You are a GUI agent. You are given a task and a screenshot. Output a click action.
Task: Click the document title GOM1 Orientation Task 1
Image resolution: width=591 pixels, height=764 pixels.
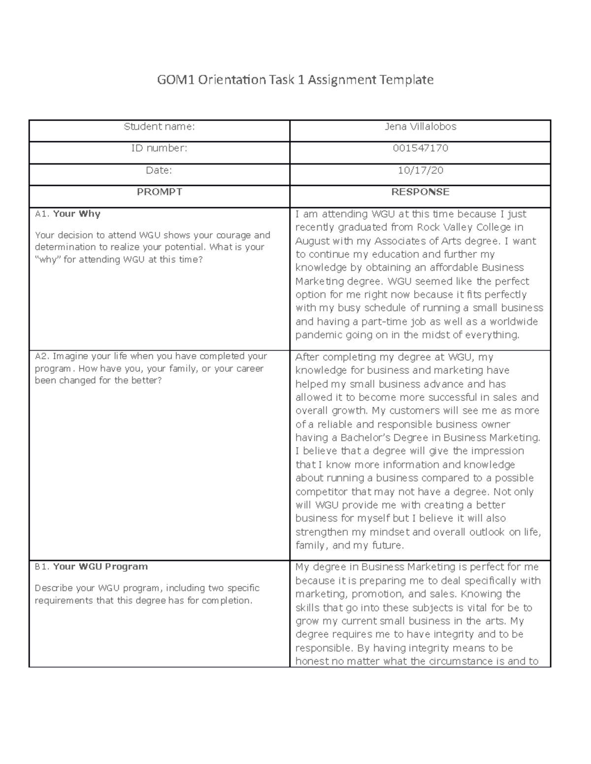tap(295, 80)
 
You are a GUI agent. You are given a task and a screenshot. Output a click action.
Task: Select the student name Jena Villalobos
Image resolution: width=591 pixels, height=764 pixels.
tap(420, 127)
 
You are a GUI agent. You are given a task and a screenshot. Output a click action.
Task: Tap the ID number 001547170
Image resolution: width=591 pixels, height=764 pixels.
tap(420, 148)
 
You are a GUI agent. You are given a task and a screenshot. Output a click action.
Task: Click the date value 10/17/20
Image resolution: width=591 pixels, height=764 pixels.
tap(420, 170)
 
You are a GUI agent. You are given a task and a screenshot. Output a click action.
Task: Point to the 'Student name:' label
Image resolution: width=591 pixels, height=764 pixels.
tap(159, 127)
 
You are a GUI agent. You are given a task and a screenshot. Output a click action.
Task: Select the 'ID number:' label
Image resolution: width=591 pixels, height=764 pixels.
tap(159, 148)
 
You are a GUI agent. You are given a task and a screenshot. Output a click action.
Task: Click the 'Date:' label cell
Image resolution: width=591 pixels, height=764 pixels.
tap(159, 170)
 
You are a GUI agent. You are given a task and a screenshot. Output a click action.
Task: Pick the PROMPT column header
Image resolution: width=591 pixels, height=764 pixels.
tap(159, 192)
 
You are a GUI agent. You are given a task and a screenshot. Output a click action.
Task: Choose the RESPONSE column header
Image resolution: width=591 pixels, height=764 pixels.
tap(420, 192)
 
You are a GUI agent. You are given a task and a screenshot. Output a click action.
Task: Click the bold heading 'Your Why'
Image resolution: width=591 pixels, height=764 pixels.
tap(76, 214)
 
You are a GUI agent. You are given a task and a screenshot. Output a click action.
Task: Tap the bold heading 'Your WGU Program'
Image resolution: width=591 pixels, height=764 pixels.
tap(100, 567)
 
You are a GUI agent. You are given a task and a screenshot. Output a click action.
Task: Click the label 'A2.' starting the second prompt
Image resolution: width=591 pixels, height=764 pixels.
tap(42, 356)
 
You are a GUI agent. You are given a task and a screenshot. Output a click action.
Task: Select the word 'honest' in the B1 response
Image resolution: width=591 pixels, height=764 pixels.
tap(312, 662)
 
